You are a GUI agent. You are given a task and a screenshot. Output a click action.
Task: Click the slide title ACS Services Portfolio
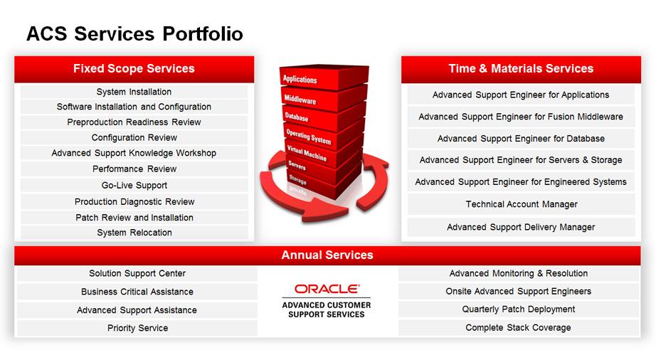click(134, 34)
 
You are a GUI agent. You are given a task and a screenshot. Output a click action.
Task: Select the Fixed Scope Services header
click(134, 68)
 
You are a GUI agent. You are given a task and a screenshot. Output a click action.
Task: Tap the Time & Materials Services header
click(521, 68)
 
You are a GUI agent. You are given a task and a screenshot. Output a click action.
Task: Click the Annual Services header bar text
click(327, 255)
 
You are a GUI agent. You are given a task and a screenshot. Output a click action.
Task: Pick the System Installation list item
click(134, 92)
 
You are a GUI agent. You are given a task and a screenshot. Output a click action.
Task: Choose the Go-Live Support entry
click(134, 185)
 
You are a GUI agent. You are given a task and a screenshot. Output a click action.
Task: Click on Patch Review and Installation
click(134, 218)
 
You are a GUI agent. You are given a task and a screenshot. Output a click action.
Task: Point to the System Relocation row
click(134, 233)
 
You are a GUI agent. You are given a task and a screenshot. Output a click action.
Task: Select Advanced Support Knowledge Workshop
click(134, 153)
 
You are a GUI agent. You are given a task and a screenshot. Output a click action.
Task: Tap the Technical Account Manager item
click(522, 204)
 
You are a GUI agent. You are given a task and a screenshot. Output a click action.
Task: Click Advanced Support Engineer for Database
click(521, 139)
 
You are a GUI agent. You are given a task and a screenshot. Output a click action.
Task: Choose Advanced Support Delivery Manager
click(521, 227)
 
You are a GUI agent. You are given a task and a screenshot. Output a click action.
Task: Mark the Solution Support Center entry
click(137, 273)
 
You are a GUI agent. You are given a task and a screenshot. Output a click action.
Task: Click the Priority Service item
click(137, 328)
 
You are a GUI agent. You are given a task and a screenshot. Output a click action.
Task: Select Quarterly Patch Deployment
click(519, 309)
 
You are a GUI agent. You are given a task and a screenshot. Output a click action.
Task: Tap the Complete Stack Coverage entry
click(519, 328)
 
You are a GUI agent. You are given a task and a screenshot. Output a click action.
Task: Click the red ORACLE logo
click(327, 289)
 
